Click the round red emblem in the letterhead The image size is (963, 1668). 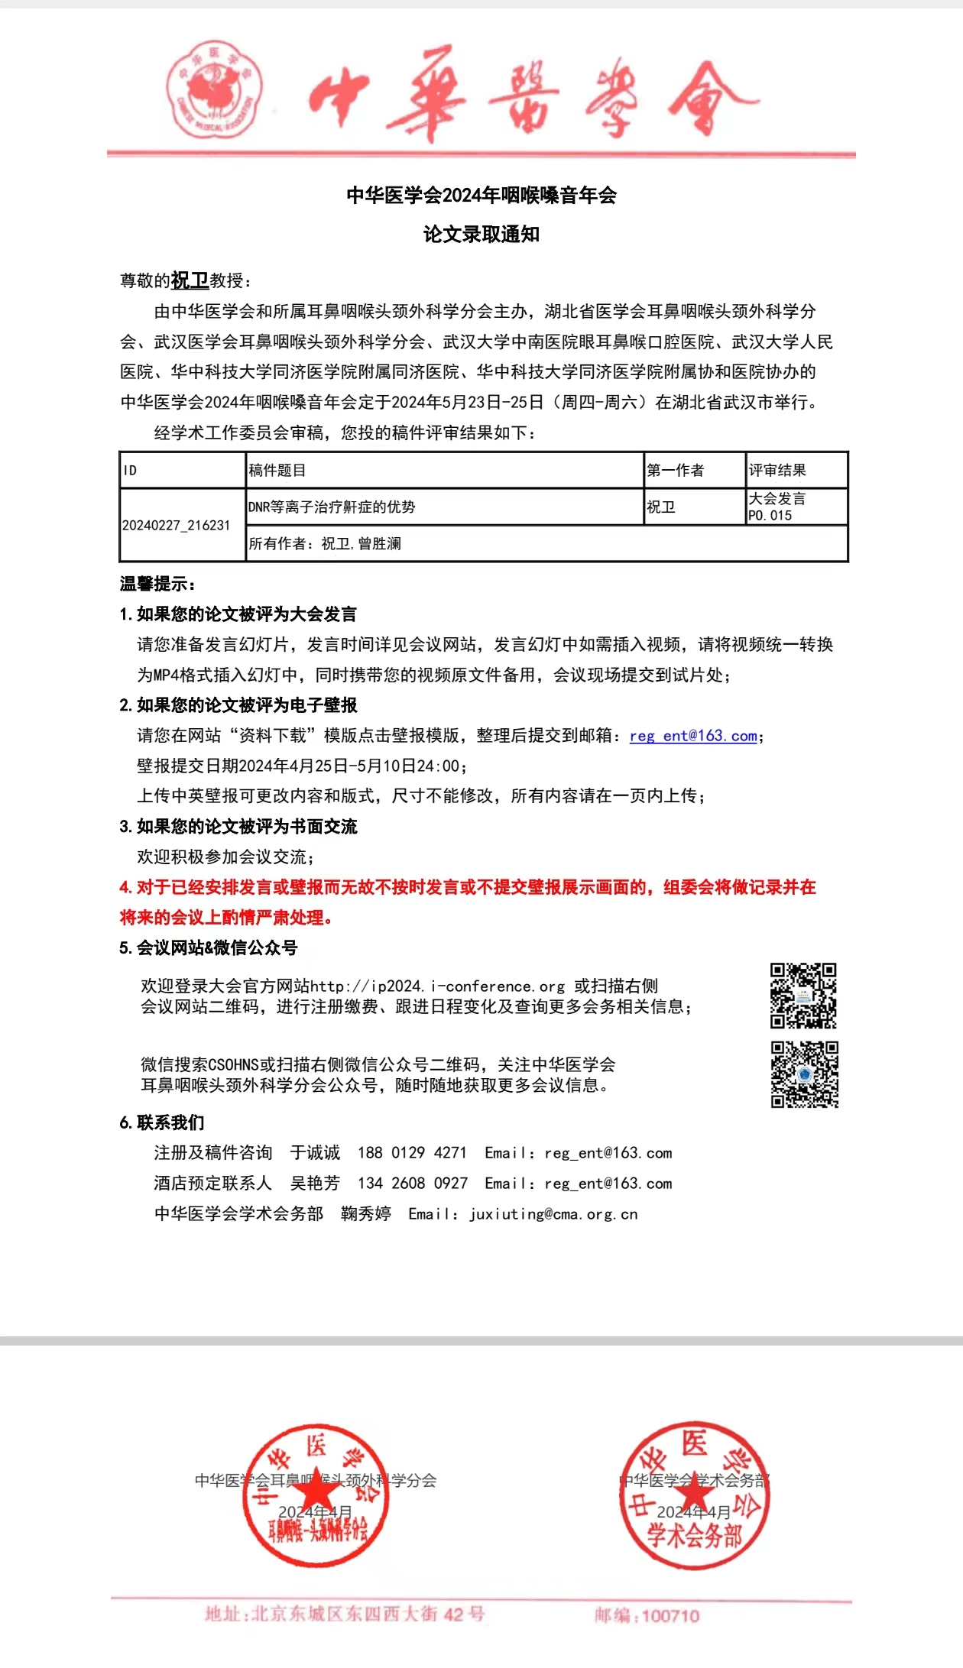(x=215, y=89)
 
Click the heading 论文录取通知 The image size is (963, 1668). (x=481, y=235)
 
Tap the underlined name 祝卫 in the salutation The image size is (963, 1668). (x=190, y=280)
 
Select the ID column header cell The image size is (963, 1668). (x=183, y=470)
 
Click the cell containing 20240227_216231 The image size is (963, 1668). (x=177, y=526)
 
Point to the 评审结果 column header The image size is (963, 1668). (x=796, y=470)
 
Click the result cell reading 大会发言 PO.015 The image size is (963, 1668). (x=796, y=507)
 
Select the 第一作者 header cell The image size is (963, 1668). (x=694, y=470)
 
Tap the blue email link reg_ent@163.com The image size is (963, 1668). (x=693, y=736)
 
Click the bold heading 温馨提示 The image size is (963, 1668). (x=157, y=585)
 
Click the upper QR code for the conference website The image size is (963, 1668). (x=803, y=996)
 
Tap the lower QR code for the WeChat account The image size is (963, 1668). (x=804, y=1074)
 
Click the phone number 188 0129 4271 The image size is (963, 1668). (x=412, y=1153)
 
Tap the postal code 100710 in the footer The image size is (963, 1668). (x=670, y=1616)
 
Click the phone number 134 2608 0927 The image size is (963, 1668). (x=413, y=1184)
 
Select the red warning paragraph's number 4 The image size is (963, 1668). (x=125, y=888)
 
